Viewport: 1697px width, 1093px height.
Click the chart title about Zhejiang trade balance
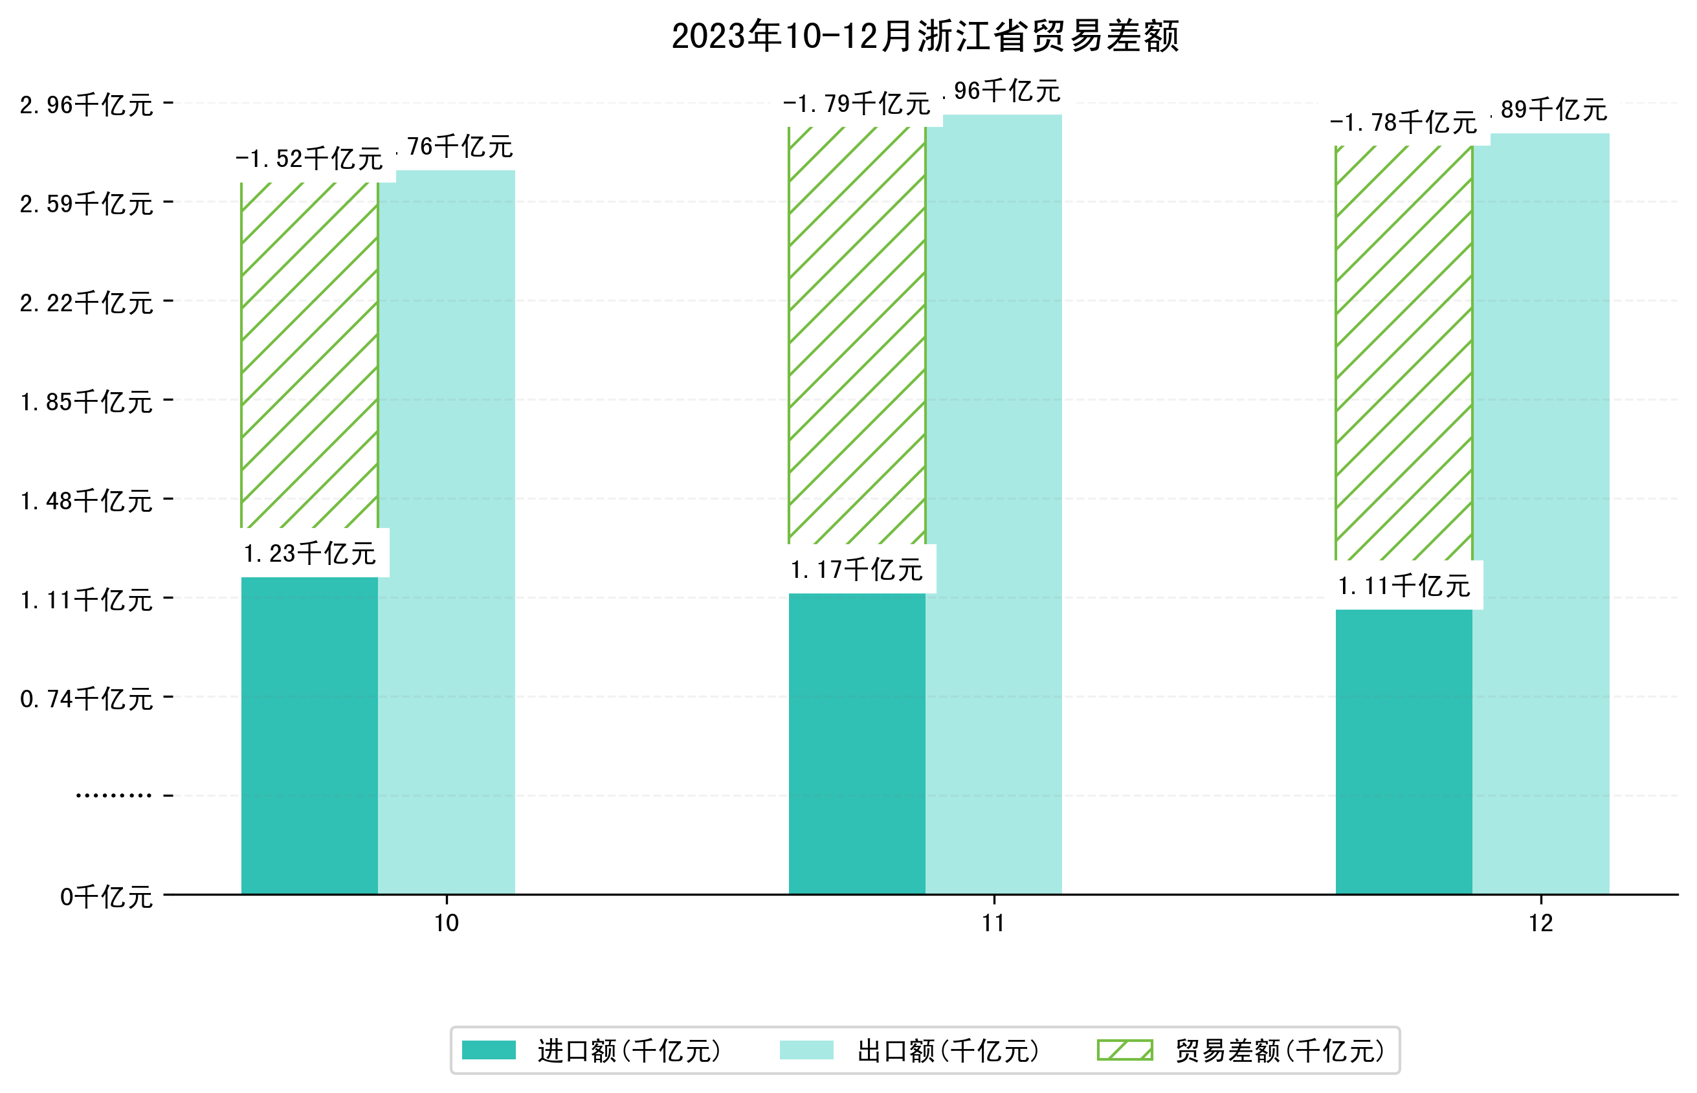(924, 36)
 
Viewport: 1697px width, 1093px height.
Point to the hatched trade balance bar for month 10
(309, 355)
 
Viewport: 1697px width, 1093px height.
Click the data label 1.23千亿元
(309, 553)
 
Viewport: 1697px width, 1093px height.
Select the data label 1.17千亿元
(857, 570)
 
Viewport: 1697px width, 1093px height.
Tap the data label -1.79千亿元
(857, 104)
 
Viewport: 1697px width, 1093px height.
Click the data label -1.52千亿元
(309, 159)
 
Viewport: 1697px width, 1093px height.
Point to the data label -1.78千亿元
(1403, 123)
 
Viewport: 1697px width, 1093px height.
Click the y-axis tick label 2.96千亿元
(87, 105)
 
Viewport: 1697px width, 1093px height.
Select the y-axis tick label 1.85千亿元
(87, 402)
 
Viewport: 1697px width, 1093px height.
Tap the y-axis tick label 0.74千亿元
(87, 699)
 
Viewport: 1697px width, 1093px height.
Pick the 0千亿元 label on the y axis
(106, 897)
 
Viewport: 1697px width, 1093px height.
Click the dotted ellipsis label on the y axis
(113, 795)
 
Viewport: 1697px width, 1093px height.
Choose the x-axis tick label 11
(993, 923)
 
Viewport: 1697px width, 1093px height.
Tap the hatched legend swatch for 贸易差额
(1124, 1050)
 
